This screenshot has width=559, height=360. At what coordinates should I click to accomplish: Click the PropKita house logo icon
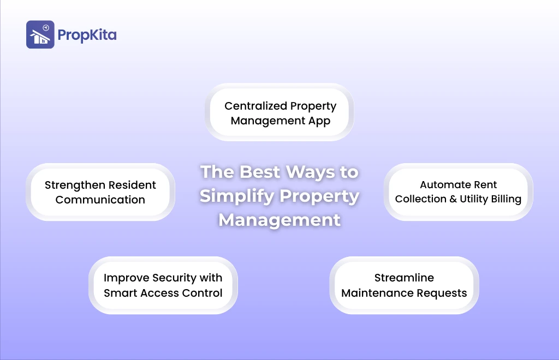pos(40,34)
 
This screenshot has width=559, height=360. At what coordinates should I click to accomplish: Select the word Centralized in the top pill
pos(255,106)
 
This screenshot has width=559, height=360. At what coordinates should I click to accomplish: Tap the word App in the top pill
pos(319,121)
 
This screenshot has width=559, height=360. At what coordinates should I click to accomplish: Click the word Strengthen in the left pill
pos(75,185)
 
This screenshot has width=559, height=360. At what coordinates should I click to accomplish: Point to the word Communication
pos(100,200)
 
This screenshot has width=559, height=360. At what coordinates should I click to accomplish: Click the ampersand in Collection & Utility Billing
pos(453,199)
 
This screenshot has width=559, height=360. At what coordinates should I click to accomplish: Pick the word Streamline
pos(405,278)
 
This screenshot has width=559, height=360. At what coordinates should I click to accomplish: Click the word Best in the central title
pos(260,172)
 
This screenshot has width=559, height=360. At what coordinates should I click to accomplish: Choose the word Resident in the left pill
pos(132,185)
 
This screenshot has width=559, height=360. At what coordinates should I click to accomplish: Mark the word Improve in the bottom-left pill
pos(127,278)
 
